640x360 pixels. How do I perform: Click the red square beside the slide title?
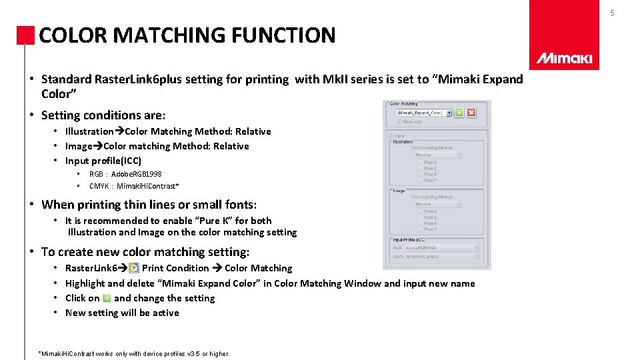click(25, 35)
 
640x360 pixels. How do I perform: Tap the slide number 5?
click(631, 13)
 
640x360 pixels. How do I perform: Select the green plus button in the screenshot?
click(459, 113)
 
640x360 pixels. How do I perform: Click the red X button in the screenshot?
click(471, 113)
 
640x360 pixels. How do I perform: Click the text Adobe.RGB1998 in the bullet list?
click(136, 174)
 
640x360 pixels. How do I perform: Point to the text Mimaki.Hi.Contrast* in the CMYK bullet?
click(147, 186)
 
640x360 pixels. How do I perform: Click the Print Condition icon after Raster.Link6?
click(133, 268)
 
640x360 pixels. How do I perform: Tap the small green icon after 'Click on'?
click(107, 298)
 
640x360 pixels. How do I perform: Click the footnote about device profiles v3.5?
click(135, 353)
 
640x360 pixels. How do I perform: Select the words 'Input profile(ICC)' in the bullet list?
click(103, 161)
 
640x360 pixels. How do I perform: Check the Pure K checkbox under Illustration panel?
click(420, 162)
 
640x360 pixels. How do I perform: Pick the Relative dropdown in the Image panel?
click(437, 204)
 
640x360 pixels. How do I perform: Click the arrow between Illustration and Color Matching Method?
click(120, 131)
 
